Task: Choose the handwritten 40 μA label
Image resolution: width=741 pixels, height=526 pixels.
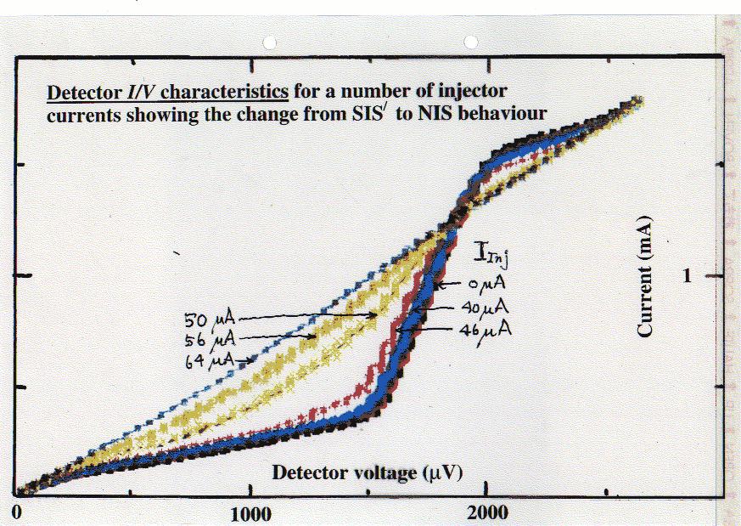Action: click(x=486, y=307)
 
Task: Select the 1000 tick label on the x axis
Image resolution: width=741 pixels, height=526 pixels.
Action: click(x=251, y=514)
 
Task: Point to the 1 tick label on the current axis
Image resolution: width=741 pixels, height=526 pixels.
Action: click(x=688, y=275)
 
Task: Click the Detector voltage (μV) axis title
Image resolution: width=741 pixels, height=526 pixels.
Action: click(x=367, y=473)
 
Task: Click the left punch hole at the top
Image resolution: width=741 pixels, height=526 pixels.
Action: click(x=271, y=41)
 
